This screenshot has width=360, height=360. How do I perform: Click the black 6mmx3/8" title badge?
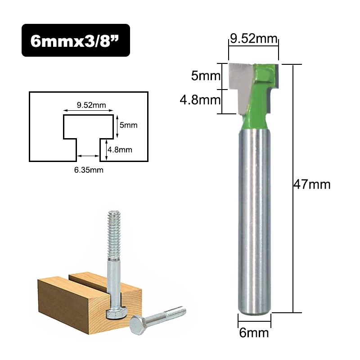point(76,40)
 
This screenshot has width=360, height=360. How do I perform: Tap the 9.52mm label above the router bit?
point(253,38)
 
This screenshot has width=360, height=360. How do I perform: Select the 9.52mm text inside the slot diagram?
point(91,105)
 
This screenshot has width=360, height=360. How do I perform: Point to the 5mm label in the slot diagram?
point(128,126)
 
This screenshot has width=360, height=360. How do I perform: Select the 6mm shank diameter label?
point(254,333)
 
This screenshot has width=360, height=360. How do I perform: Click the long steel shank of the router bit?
point(254,220)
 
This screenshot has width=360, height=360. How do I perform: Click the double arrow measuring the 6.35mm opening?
point(88,156)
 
